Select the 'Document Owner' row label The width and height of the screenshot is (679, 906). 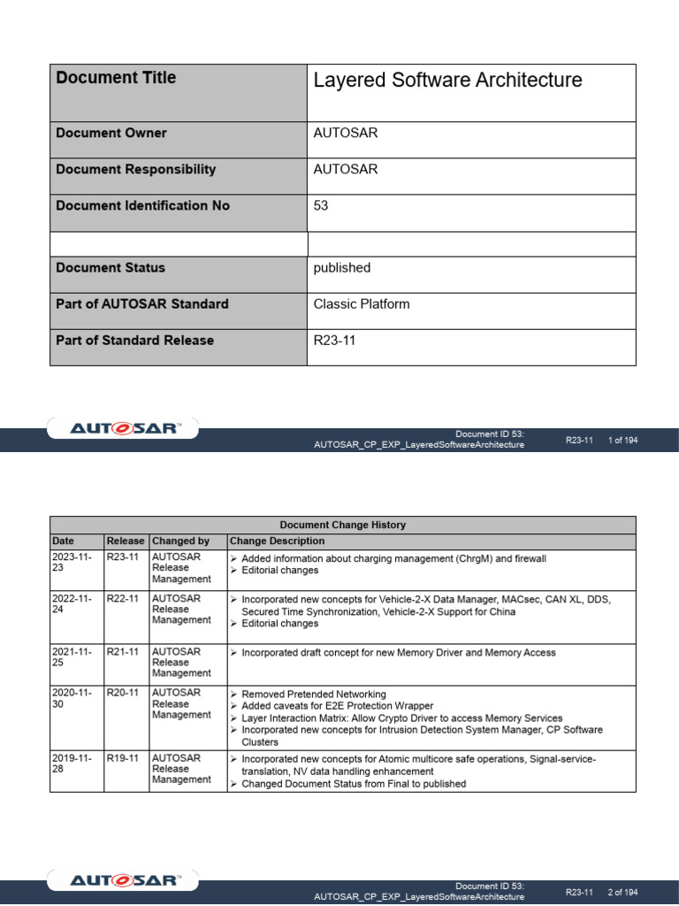tap(111, 134)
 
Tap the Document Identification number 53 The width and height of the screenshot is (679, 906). tap(321, 205)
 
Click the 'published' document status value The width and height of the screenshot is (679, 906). tap(342, 268)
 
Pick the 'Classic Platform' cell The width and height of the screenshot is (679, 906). tap(362, 304)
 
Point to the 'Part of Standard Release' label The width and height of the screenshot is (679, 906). tap(134, 341)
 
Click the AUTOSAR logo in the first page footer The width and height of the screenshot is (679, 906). tap(124, 429)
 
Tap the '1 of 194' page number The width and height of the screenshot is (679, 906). tap(622, 440)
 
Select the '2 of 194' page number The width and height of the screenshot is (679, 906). tap(622, 892)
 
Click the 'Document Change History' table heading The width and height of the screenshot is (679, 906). tap(343, 525)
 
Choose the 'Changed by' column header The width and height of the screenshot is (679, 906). tap(180, 541)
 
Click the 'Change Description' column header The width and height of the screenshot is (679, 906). tap(277, 541)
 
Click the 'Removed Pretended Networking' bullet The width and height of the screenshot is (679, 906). tap(313, 695)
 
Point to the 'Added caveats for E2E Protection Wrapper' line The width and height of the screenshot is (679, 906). tap(337, 706)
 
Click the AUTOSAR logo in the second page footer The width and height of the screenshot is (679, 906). tap(124, 881)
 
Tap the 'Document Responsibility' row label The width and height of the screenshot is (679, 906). tap(135, 170)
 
